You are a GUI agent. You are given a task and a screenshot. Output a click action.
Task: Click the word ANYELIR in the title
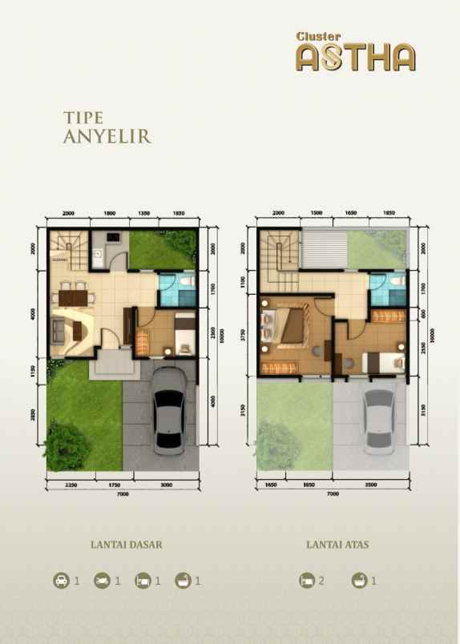point(107,136)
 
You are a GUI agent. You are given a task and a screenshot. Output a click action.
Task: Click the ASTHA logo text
point(355,58)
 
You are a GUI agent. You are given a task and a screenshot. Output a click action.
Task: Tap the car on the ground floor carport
point(169,407)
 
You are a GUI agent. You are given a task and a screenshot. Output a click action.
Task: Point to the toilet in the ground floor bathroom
point(186,282)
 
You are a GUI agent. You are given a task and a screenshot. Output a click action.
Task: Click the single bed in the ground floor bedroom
point(183,332)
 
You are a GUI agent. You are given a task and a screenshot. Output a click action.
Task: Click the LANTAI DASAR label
point(127,545)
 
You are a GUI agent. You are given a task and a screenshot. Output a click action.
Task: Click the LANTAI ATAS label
point(337,545)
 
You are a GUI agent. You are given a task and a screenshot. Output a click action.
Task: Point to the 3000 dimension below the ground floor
point(166,485)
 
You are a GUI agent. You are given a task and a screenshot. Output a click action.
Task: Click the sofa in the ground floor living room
point(59,328)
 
